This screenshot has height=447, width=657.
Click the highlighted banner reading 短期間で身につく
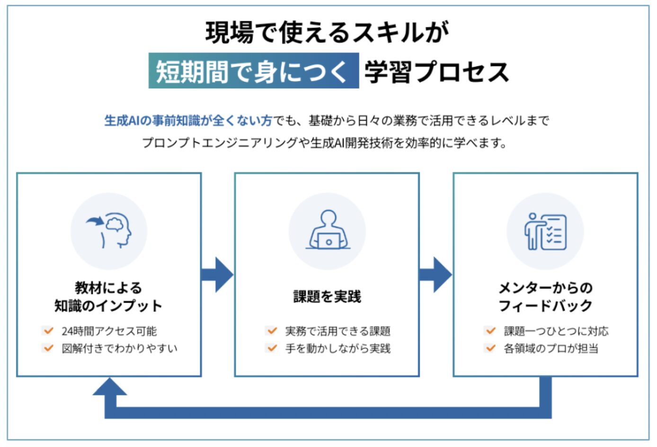click(253, 71)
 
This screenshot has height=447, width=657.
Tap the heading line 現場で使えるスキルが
click(328, 32)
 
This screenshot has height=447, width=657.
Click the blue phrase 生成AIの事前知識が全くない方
click(188, 121)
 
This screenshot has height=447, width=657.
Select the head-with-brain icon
click(109, 231)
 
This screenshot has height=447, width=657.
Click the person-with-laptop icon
click(328, 231)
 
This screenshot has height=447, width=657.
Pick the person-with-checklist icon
click(545, 231)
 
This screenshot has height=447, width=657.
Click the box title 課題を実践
click(327, 297)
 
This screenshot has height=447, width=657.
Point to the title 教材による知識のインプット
click(108, 297)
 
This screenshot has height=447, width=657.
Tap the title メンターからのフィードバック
click(545, 297)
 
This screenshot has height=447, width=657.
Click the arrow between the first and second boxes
click(218, 275)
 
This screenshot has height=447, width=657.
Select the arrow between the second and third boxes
click(436, 275)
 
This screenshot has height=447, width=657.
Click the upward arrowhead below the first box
click(110, 387)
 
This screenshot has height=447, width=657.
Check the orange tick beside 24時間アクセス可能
click(48, 331)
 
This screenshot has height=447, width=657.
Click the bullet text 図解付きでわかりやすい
click(119, 349)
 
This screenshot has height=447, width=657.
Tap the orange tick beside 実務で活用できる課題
click(272, 331)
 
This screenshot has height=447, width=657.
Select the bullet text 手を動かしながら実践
click(337, 349)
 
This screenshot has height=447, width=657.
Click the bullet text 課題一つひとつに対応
click(556, 331)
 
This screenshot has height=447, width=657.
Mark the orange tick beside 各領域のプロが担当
click(490, 349)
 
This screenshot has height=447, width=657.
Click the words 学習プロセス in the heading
click(436, 72)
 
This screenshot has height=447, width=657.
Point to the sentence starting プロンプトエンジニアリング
click(324, 143)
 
